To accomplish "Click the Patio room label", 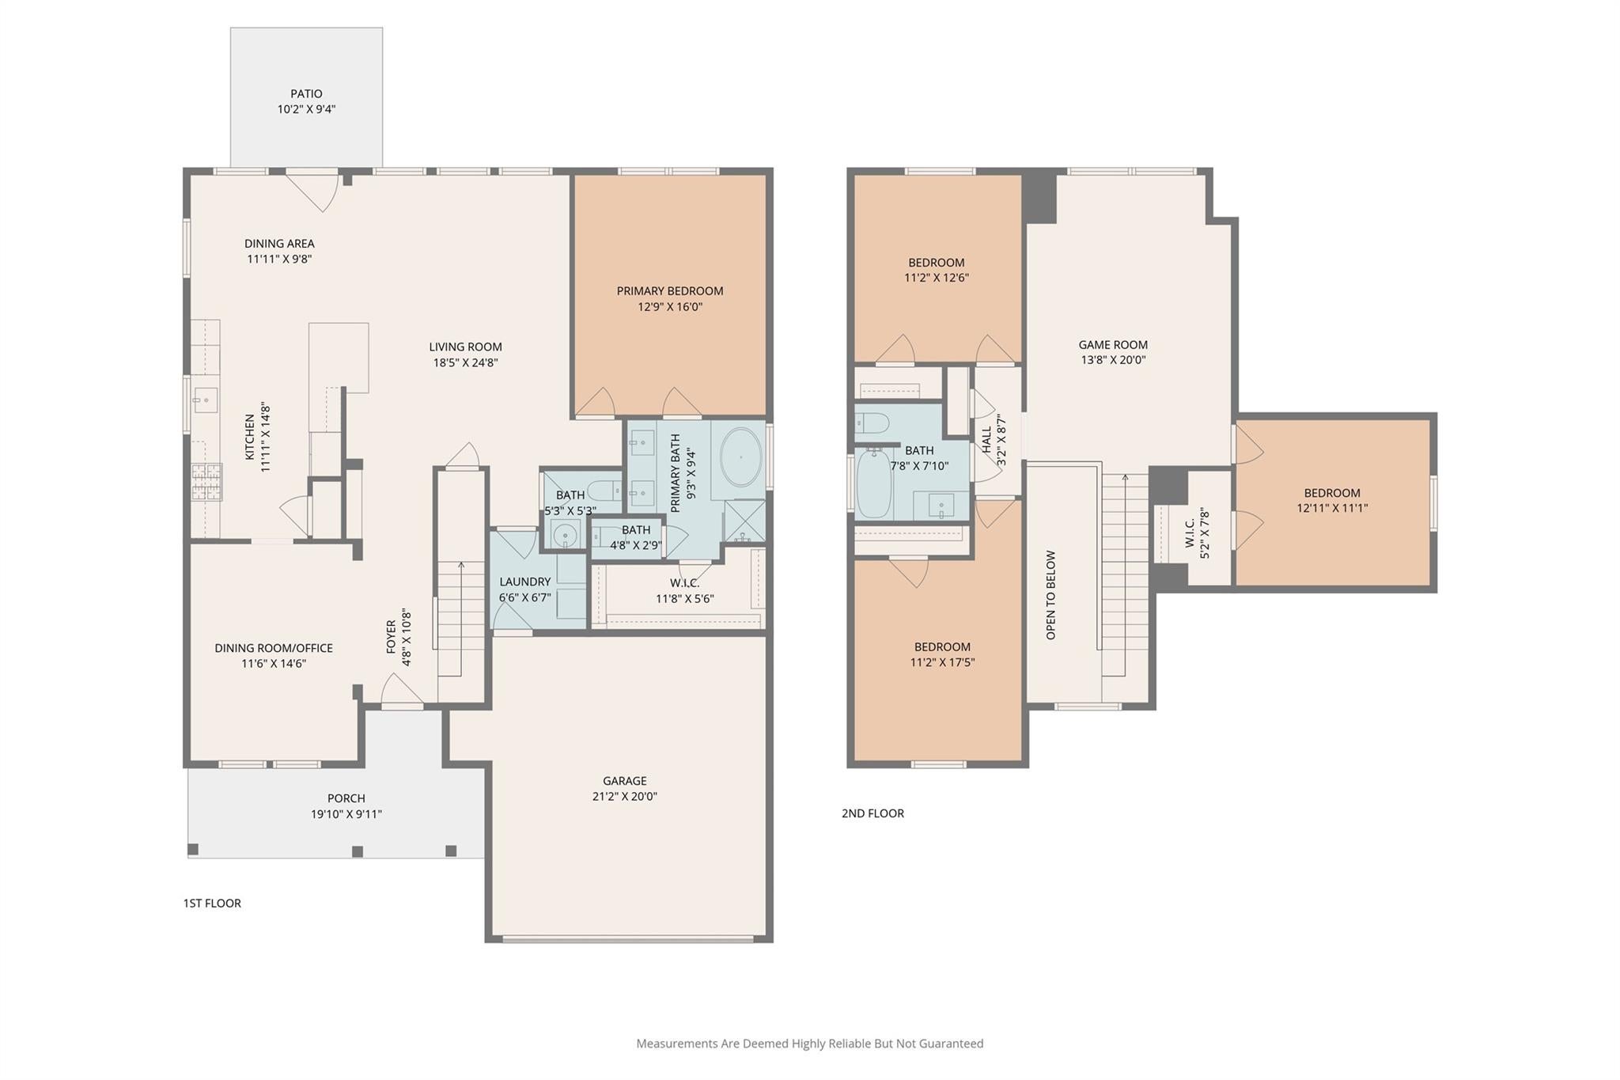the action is click(306, 93).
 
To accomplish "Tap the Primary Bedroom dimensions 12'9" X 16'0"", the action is click(670, 307).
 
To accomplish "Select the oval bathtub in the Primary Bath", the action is click(740, 457).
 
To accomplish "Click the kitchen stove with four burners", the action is click(206, 482).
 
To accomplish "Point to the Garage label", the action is click(625, 781).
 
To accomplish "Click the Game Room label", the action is click(1113, 344).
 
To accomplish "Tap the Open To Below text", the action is click(1050, 595).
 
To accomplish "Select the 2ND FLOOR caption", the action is click(872, 813).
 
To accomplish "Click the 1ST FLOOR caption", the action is click(212, 903).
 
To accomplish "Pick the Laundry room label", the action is click(524, 582).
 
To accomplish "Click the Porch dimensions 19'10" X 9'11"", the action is click(346, 814).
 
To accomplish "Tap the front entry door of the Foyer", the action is click(403, 690).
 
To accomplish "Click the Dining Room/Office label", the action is click(274, 648).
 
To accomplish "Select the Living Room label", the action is click(465, 347).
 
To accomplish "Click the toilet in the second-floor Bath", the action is click(872, 423).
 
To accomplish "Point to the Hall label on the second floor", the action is click(986, 440).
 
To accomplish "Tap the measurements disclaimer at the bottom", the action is click(810, 1044).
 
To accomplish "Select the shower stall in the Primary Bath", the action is click(745, 521).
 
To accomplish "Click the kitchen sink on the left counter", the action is click(206, 400).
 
